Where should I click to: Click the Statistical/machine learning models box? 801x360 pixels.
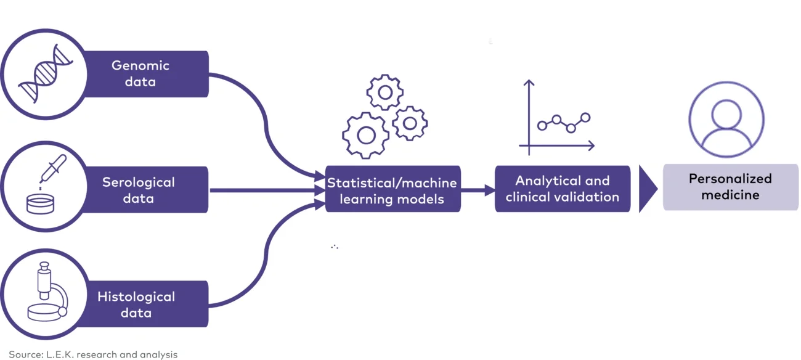click(392, 190)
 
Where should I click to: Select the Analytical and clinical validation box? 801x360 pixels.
click(562, 189)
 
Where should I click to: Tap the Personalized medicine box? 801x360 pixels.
click(730, 187)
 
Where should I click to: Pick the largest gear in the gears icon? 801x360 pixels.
click(365, 135)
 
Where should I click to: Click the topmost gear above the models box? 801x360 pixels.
click(385, 92)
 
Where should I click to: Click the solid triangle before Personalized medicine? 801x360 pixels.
click(646, 189)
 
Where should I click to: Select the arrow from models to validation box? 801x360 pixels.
click(478, 190)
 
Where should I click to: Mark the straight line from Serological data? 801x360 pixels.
click(265, 190)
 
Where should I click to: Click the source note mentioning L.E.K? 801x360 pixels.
click(93, 354)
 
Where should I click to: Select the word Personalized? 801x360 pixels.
click(730, 179)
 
